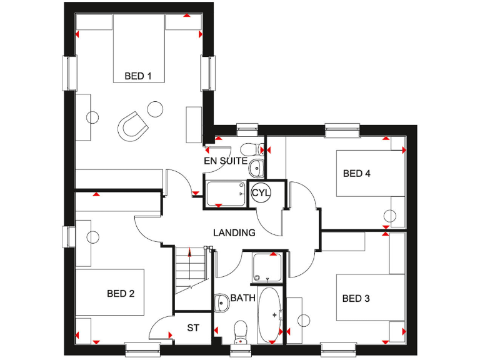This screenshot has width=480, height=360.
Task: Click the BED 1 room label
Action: point(138,76)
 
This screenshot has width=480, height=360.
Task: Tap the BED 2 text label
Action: point(121,293)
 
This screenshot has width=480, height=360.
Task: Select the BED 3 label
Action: point(356,299)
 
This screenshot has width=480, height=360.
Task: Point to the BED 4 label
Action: point(356,174)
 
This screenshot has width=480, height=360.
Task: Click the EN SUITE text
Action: point(226,161)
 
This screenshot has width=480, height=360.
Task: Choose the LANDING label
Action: point(234,232)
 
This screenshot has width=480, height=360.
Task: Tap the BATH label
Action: point(242,298)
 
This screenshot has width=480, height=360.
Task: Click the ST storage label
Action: point(193,327)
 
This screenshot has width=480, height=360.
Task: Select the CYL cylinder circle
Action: point(261,192)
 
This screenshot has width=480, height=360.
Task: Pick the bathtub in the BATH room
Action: point(271,315)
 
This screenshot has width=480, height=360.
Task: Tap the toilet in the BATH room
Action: point(240,332)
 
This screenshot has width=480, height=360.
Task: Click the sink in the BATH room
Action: point(221,304)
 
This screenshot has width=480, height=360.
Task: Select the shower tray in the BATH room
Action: point(268,267)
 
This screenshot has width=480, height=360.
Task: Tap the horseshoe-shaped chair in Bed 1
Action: point(132,124)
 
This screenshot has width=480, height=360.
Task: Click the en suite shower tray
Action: point(226,193)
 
